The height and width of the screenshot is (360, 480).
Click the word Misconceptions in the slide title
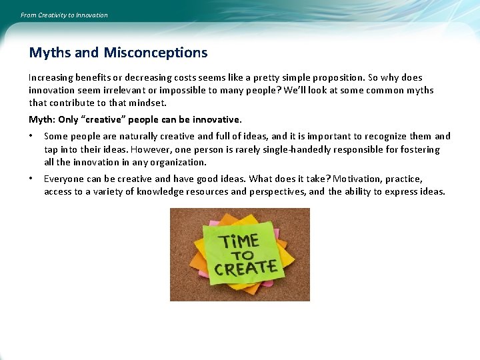(155, 53)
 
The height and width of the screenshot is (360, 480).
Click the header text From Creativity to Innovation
(64, 15)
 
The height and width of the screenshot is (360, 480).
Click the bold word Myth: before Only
(41, 120)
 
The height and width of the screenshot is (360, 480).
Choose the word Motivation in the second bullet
(356, 179)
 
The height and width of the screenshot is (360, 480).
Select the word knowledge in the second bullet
(161, 192)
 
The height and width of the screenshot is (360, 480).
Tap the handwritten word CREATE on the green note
(245, 269)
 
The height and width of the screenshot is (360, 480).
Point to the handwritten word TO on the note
(243, 255)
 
